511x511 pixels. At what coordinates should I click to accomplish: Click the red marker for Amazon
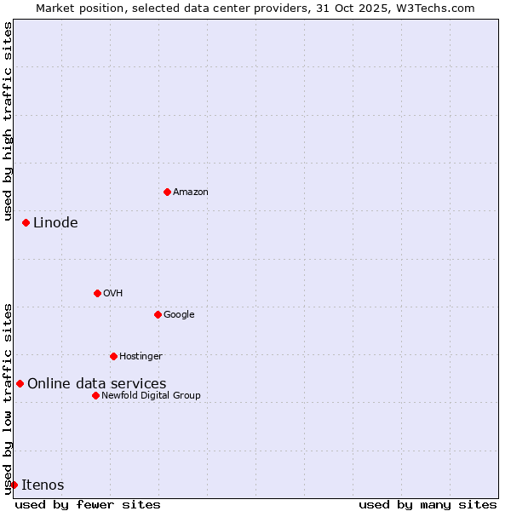(x=167, y=192)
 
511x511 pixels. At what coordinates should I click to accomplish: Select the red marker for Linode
(x=26, y=222)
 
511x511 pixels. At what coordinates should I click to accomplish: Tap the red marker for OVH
(x=97, y=293)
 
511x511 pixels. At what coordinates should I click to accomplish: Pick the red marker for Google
(x=158, y=314)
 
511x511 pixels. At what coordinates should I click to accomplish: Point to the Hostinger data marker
(x=113, y=356)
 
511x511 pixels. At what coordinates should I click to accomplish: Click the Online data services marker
(x=20, y=383)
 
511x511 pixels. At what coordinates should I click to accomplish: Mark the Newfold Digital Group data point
(x=95, y=395)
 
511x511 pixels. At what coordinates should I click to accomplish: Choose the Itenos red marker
(x=14, y=485)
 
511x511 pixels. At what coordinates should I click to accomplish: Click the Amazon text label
(x=191, y=192)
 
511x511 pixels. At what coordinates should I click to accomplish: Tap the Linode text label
(x=55, y=223)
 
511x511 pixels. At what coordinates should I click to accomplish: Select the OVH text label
(x=113, y=294)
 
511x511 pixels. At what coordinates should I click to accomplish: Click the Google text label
(x=179, y=315)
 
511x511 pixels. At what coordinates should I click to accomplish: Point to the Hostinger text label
(x=141, y=357)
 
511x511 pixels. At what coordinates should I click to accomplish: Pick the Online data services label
(x=97, y=384)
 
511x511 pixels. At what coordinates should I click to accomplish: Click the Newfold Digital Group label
(x=151, y=396)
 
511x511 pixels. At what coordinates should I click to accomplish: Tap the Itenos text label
(x=43, y=485)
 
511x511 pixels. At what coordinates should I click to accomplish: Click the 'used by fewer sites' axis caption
(x=88, y=504)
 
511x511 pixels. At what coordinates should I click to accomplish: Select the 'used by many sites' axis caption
(x=428, y=504)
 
